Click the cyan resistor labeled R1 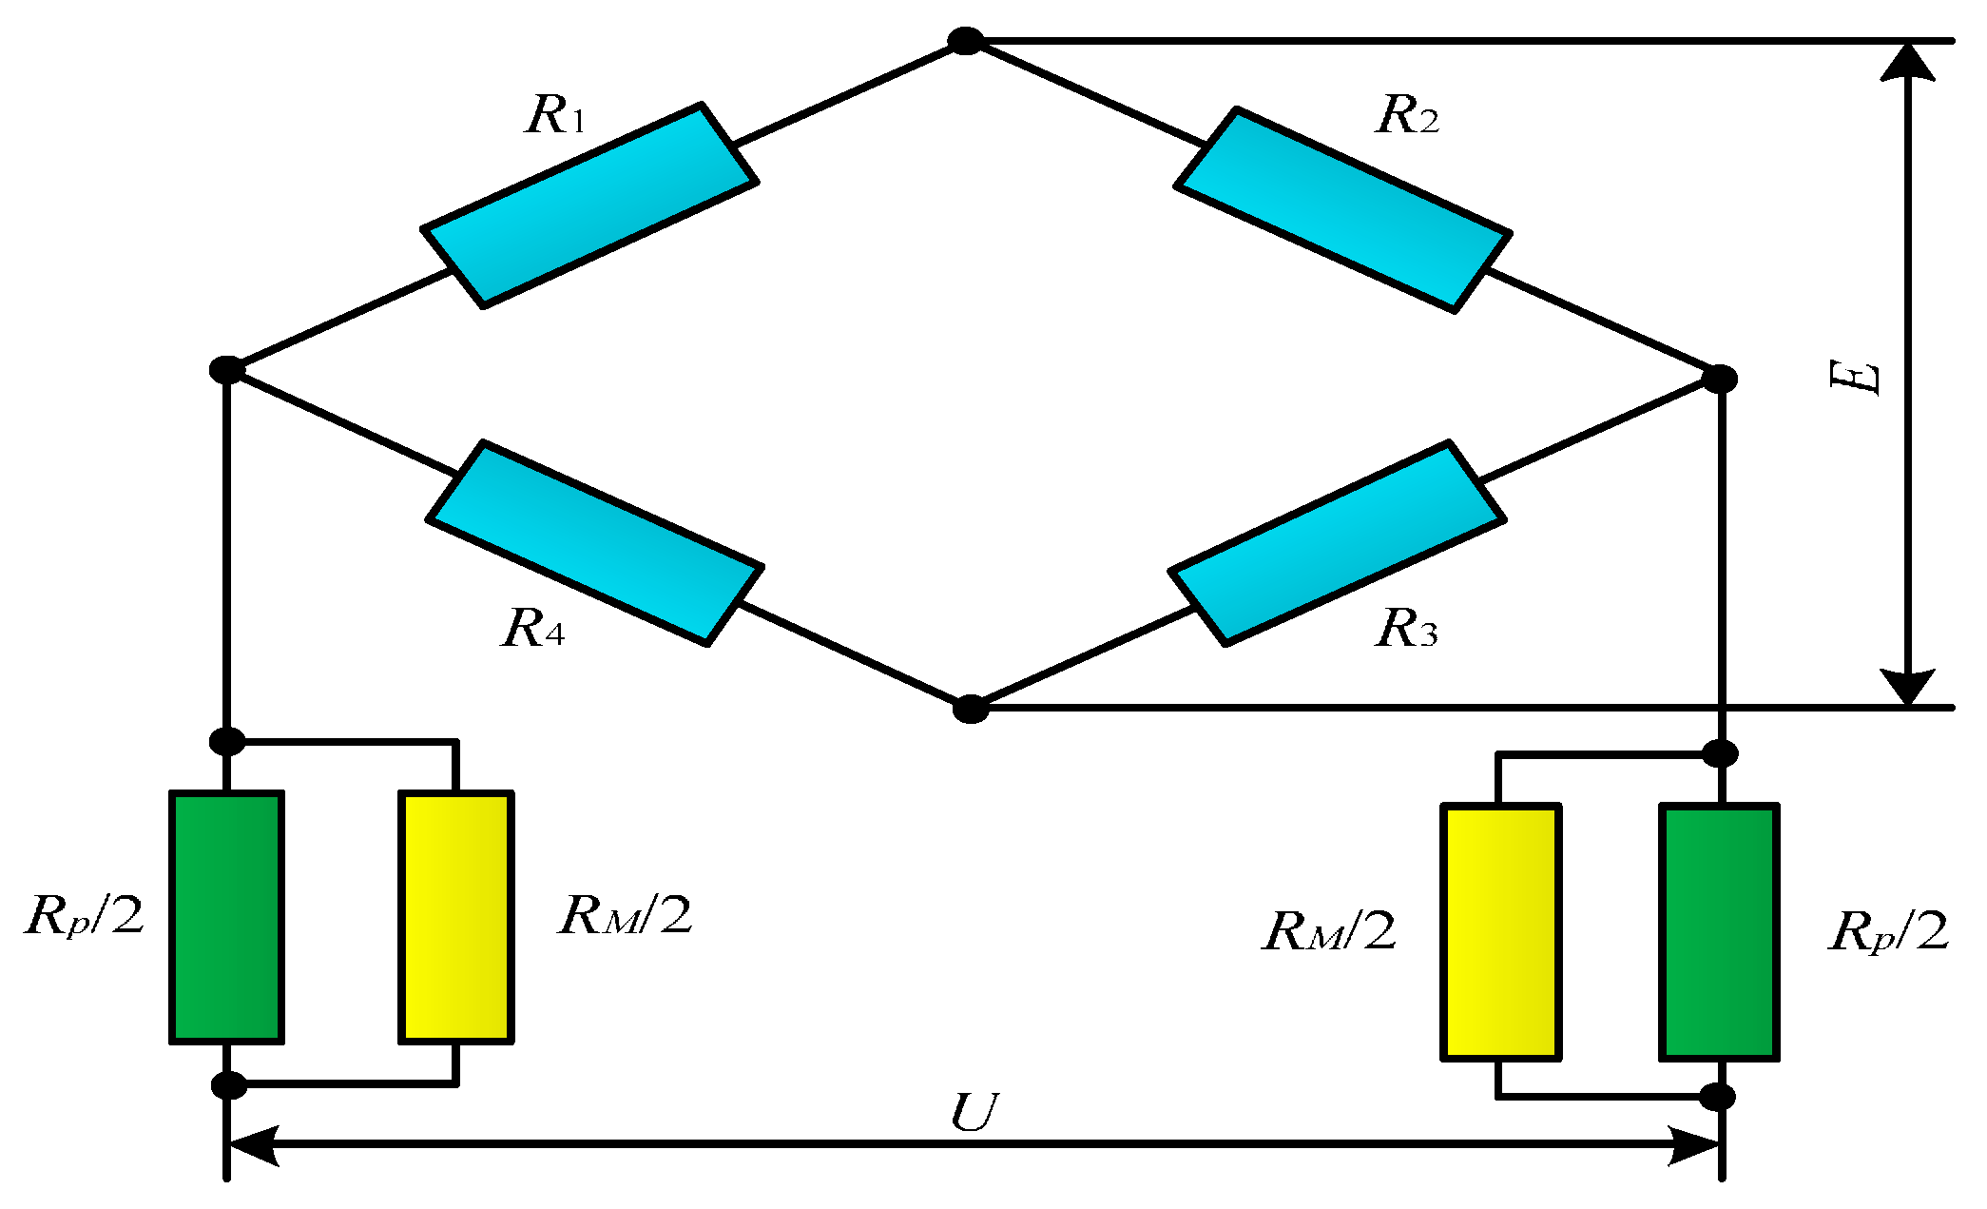[x=589, y=205]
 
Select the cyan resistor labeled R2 [x=1342, y=209]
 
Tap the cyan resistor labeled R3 [x=1337, y=542]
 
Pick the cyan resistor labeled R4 [x=595, y=543]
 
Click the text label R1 [x=555, y=115]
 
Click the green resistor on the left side [x=226, y=917]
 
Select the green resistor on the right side [x=1719, y=931]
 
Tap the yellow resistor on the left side [x=456, y=917]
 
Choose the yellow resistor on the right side [x=1500, y=931]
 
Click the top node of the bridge [x=966, y=41]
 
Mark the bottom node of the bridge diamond [x=971, y=709]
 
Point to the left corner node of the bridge [x=227, y=370]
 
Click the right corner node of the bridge [x=1719, y=379]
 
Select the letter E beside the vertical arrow [x=1854, y=377]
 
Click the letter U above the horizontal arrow [x=974, y=1112]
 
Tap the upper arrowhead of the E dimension [x=1908, y=62]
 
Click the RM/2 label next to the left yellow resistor [x=625, y=916]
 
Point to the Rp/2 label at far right [x=1887, y=931]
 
